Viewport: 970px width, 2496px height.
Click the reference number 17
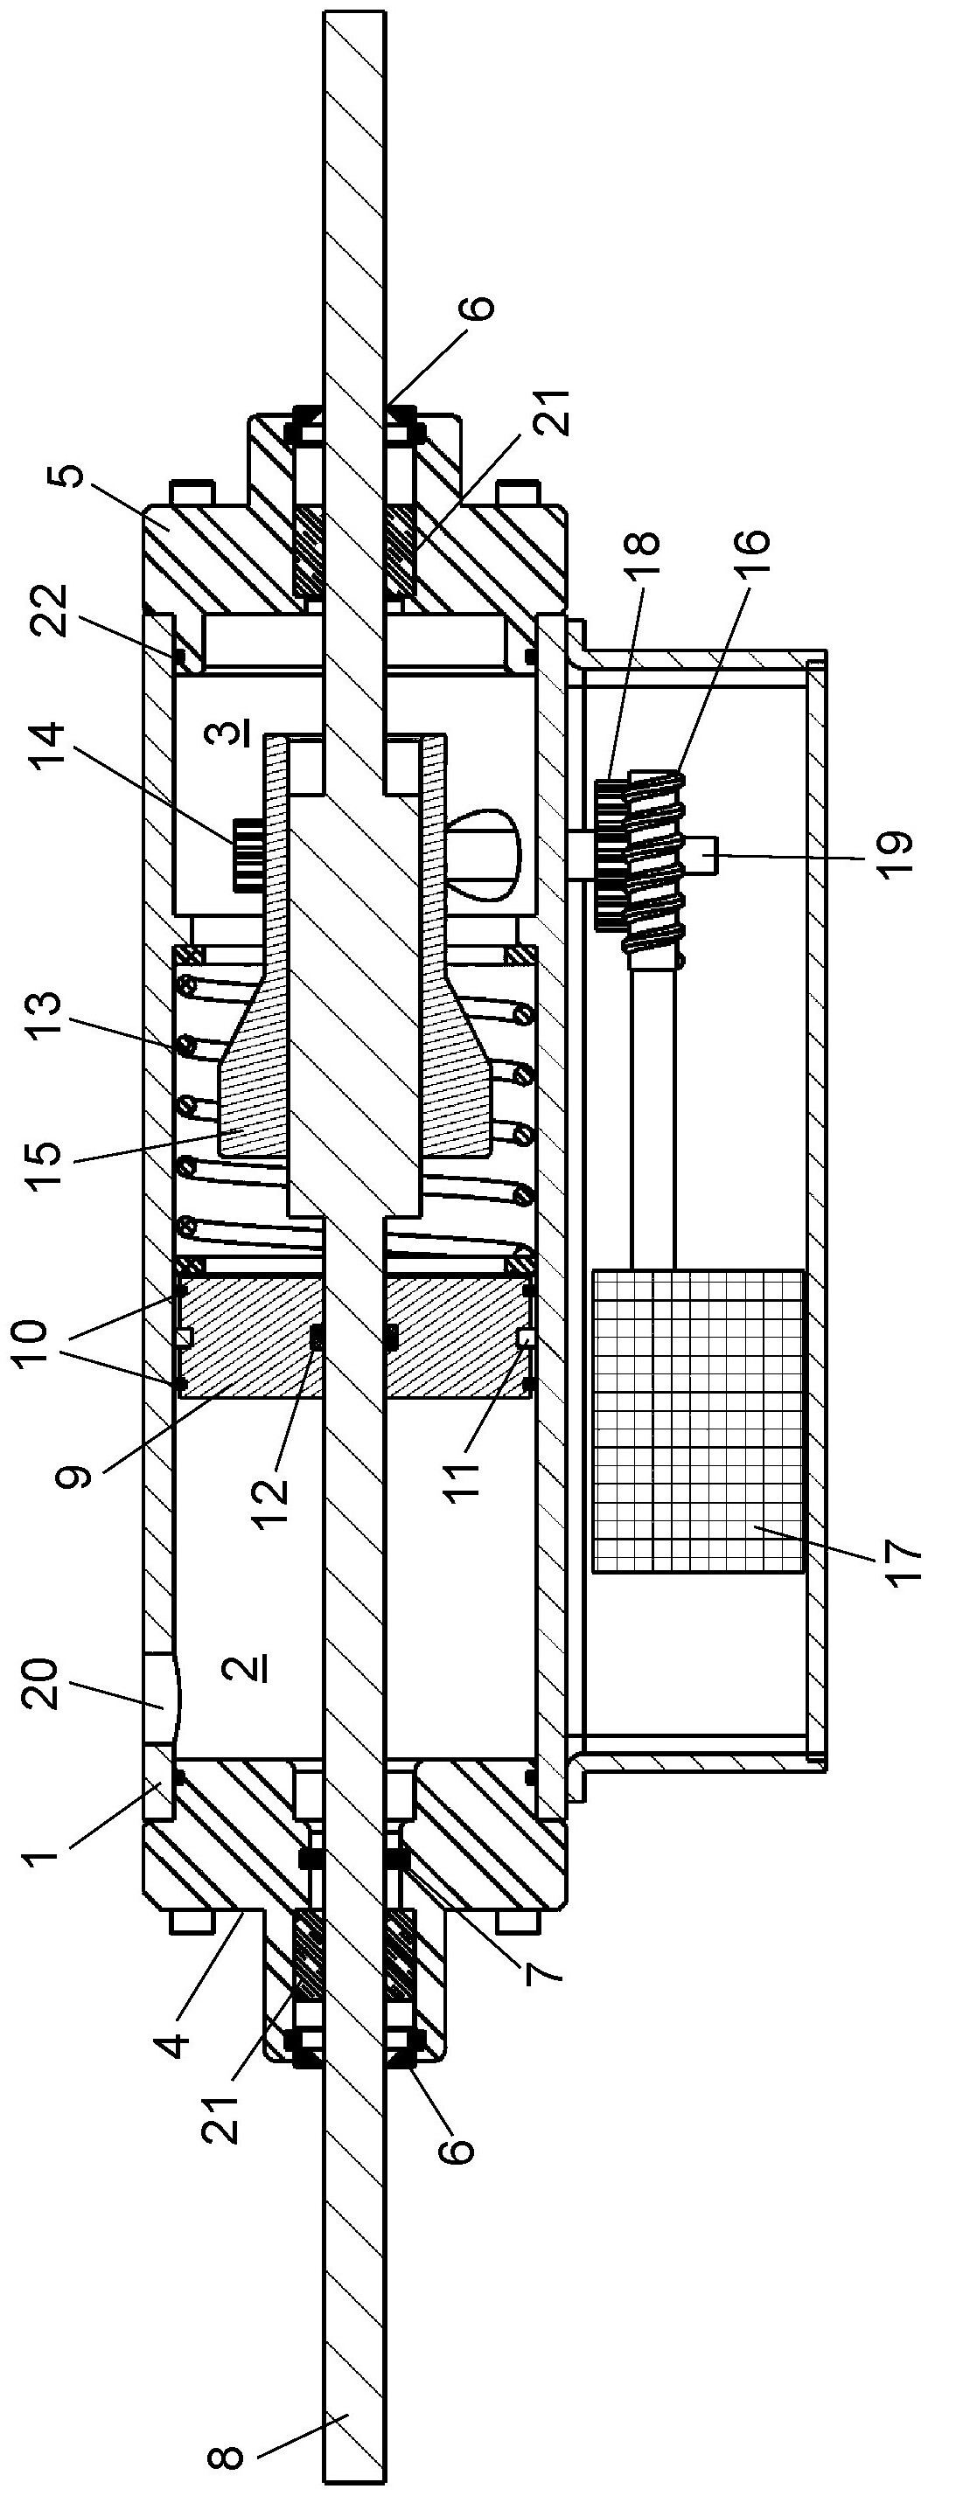[x=902, y=1561]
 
